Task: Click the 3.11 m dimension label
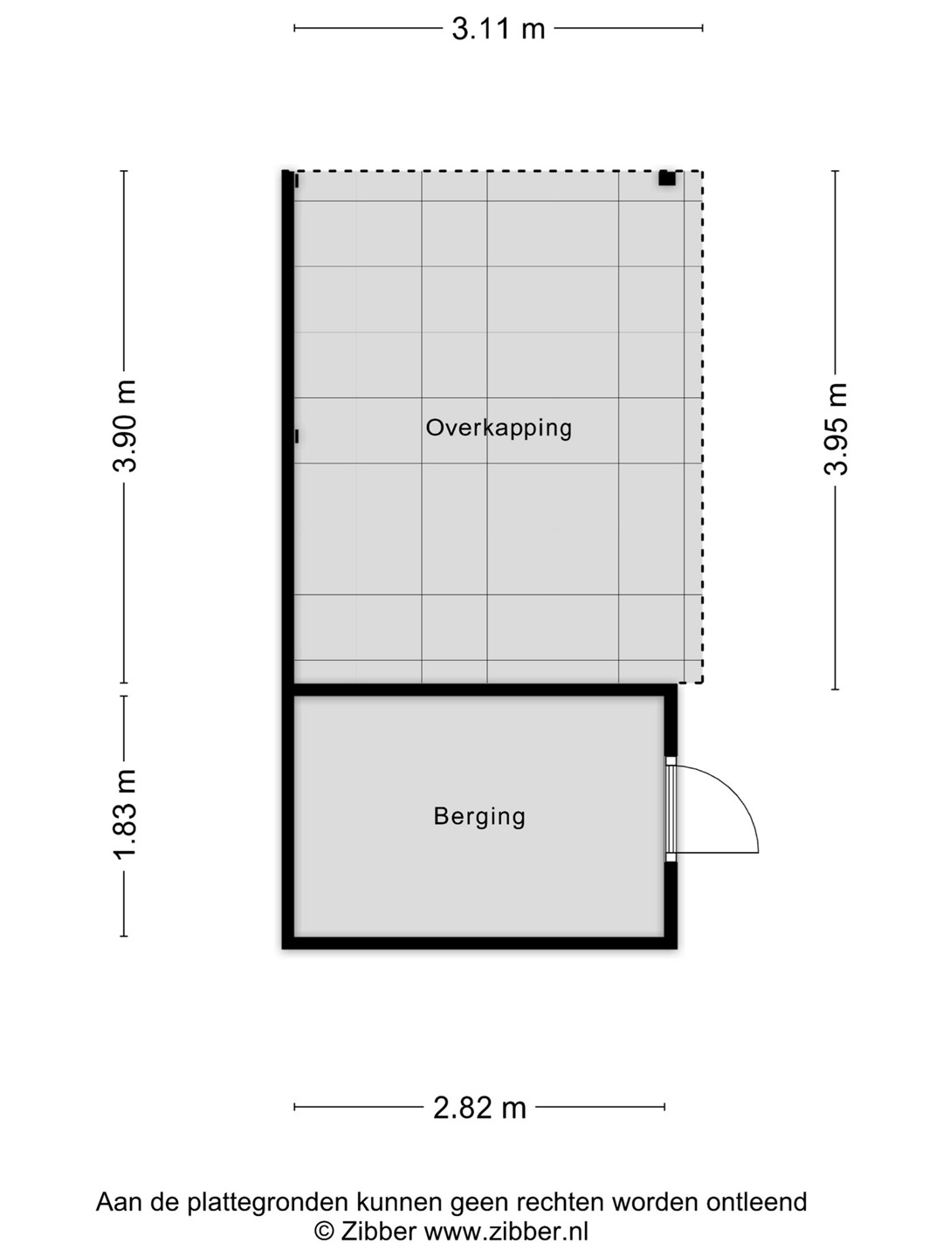498,29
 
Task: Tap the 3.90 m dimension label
124,426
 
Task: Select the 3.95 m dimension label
836,429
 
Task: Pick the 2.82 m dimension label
479,1108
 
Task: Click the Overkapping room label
499,429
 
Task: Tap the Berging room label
479,817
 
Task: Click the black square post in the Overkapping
666,178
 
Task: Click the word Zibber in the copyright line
378,1231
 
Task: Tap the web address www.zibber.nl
506,1231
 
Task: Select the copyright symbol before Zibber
323,1232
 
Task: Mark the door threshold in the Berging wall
670,809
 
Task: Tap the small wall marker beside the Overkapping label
297,436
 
